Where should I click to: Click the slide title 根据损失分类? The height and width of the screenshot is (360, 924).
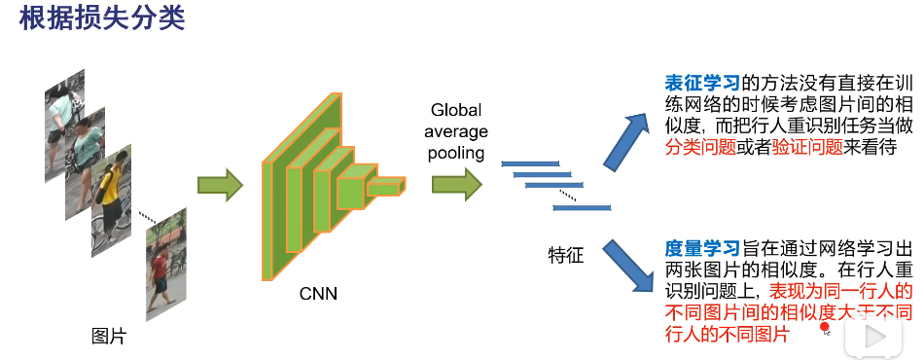tap(102, 19)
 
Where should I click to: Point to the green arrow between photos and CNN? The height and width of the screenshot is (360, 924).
tap(219, 186)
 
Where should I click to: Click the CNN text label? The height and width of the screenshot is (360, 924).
tap(316, 292)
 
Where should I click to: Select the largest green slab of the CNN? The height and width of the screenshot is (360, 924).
tap(282, 185)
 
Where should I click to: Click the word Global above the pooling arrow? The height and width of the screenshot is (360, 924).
tap(456, 110)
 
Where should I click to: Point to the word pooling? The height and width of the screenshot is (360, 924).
tap(456, 153)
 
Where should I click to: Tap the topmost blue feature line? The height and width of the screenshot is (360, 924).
tap(530, 163)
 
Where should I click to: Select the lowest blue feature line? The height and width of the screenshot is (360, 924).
tap(582, 207)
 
